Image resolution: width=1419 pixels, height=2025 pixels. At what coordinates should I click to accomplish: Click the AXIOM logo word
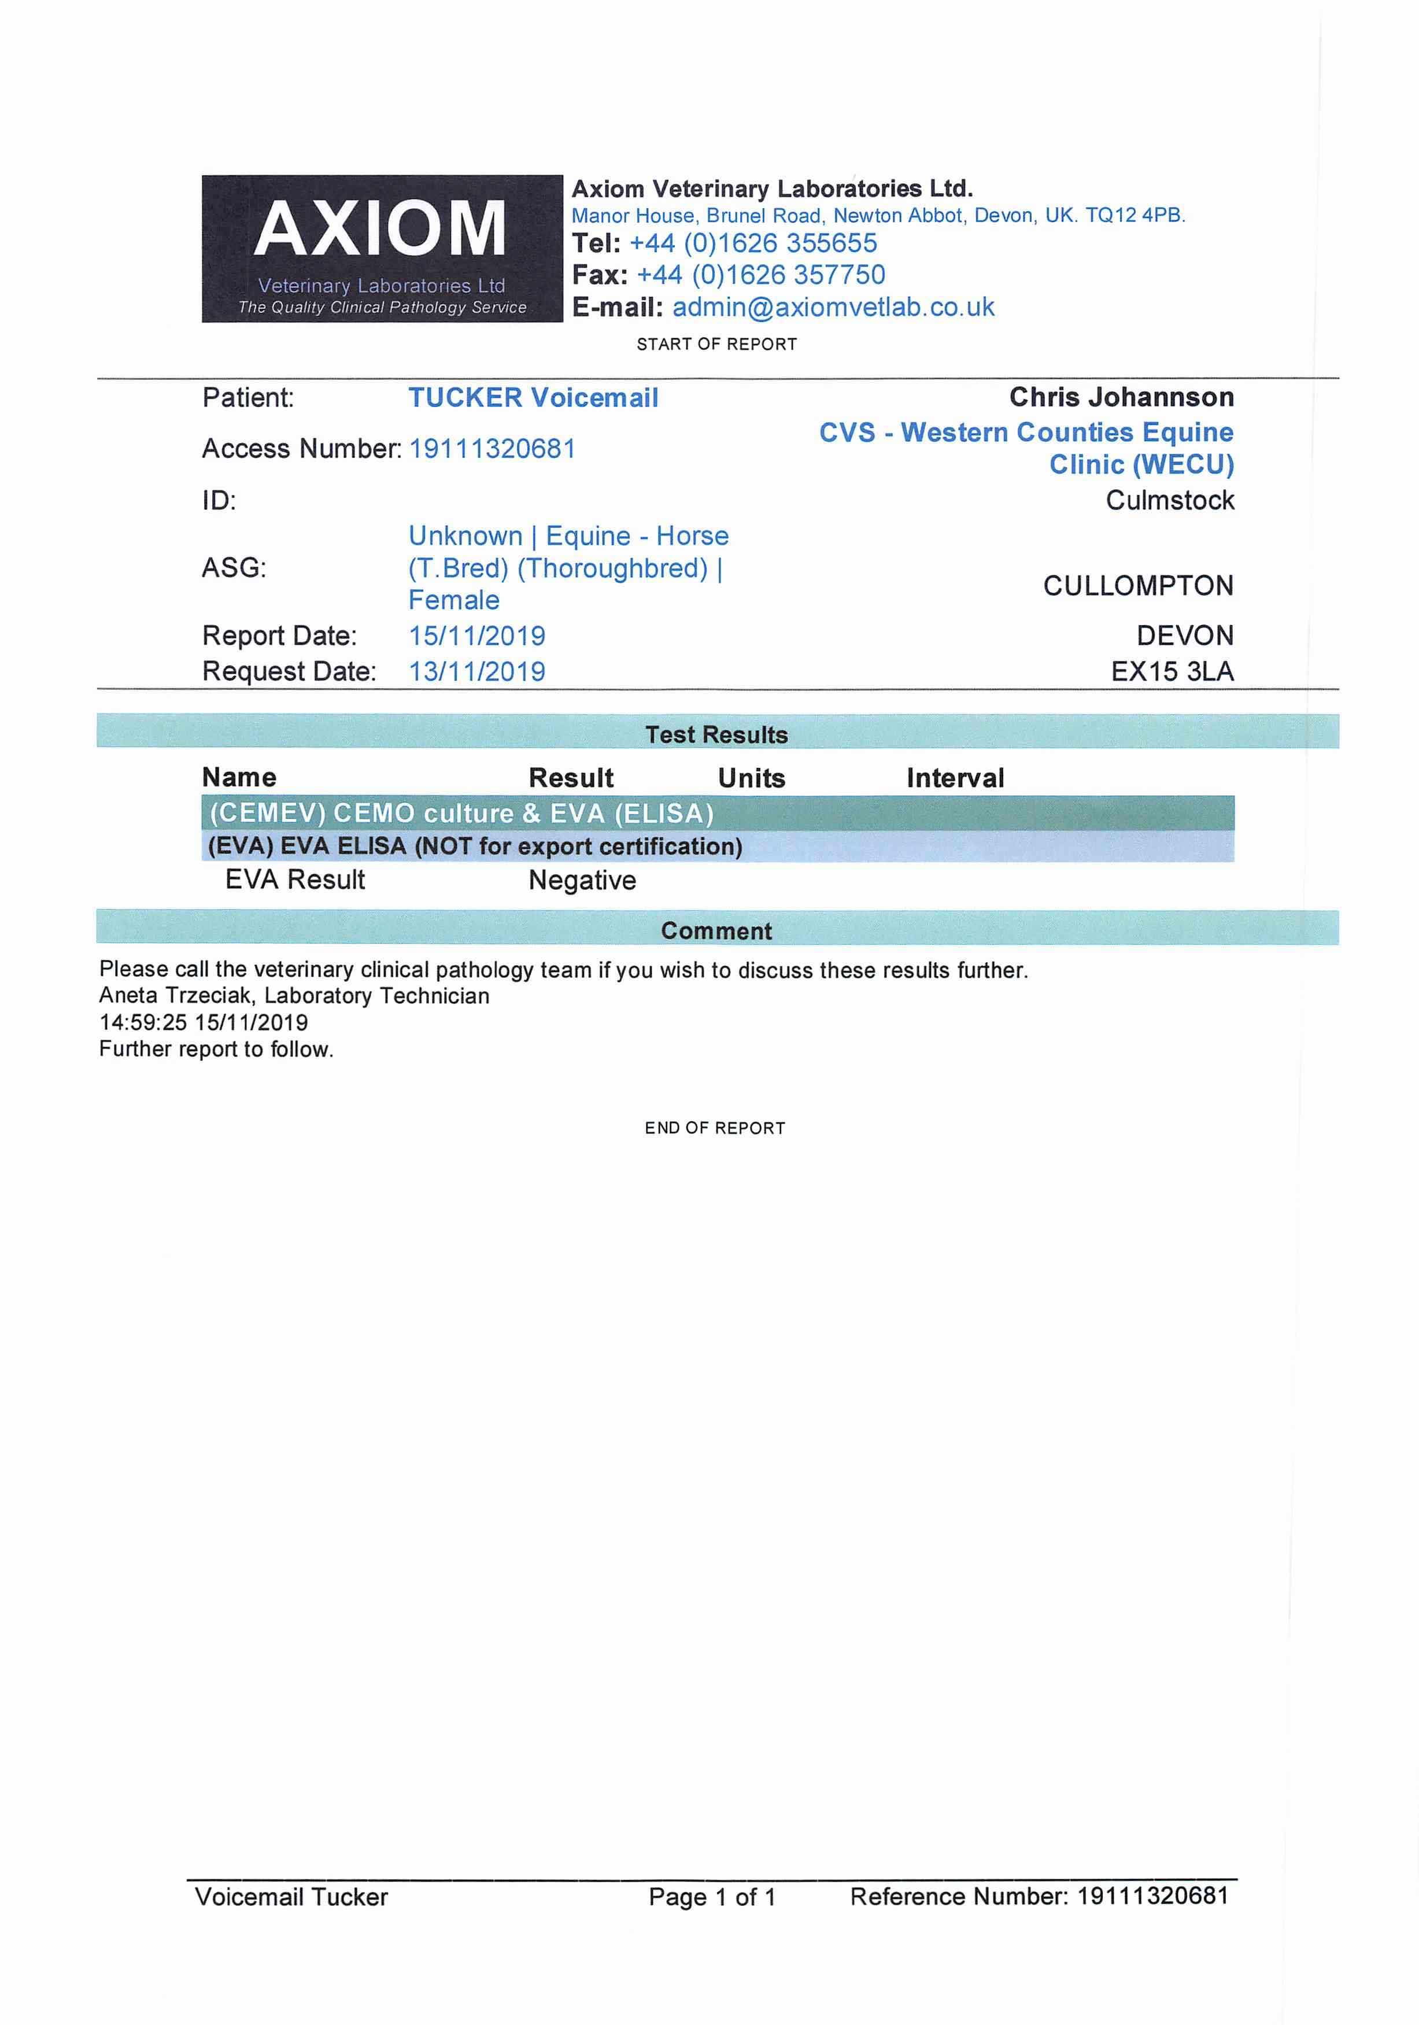pos(380,228)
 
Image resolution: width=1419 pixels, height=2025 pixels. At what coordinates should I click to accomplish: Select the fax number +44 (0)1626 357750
pos(760,275)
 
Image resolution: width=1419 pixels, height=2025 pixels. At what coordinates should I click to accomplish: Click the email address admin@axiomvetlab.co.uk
pos(833,307)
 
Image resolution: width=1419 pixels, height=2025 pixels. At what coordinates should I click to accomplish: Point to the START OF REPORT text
pos(716,344)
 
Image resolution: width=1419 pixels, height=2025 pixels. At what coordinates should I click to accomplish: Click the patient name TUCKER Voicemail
pos(533,398)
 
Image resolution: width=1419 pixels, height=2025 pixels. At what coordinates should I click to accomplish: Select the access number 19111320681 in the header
pos(492,449)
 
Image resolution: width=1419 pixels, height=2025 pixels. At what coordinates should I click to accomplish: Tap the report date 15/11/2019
pos(476,636)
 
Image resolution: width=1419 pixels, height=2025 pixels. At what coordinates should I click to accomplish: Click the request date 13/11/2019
pos(476,671)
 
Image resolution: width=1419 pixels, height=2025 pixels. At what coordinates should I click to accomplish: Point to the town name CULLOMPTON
pos(1137,586)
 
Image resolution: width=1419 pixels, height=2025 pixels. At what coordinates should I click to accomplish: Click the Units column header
pos(751,778)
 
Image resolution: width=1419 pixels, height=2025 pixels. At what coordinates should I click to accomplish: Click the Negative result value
pos(582,880)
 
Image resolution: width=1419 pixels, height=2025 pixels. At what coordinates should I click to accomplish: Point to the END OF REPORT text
pos(714,1128)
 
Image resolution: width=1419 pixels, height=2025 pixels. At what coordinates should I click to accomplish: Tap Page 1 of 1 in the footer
pos(712,1897)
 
